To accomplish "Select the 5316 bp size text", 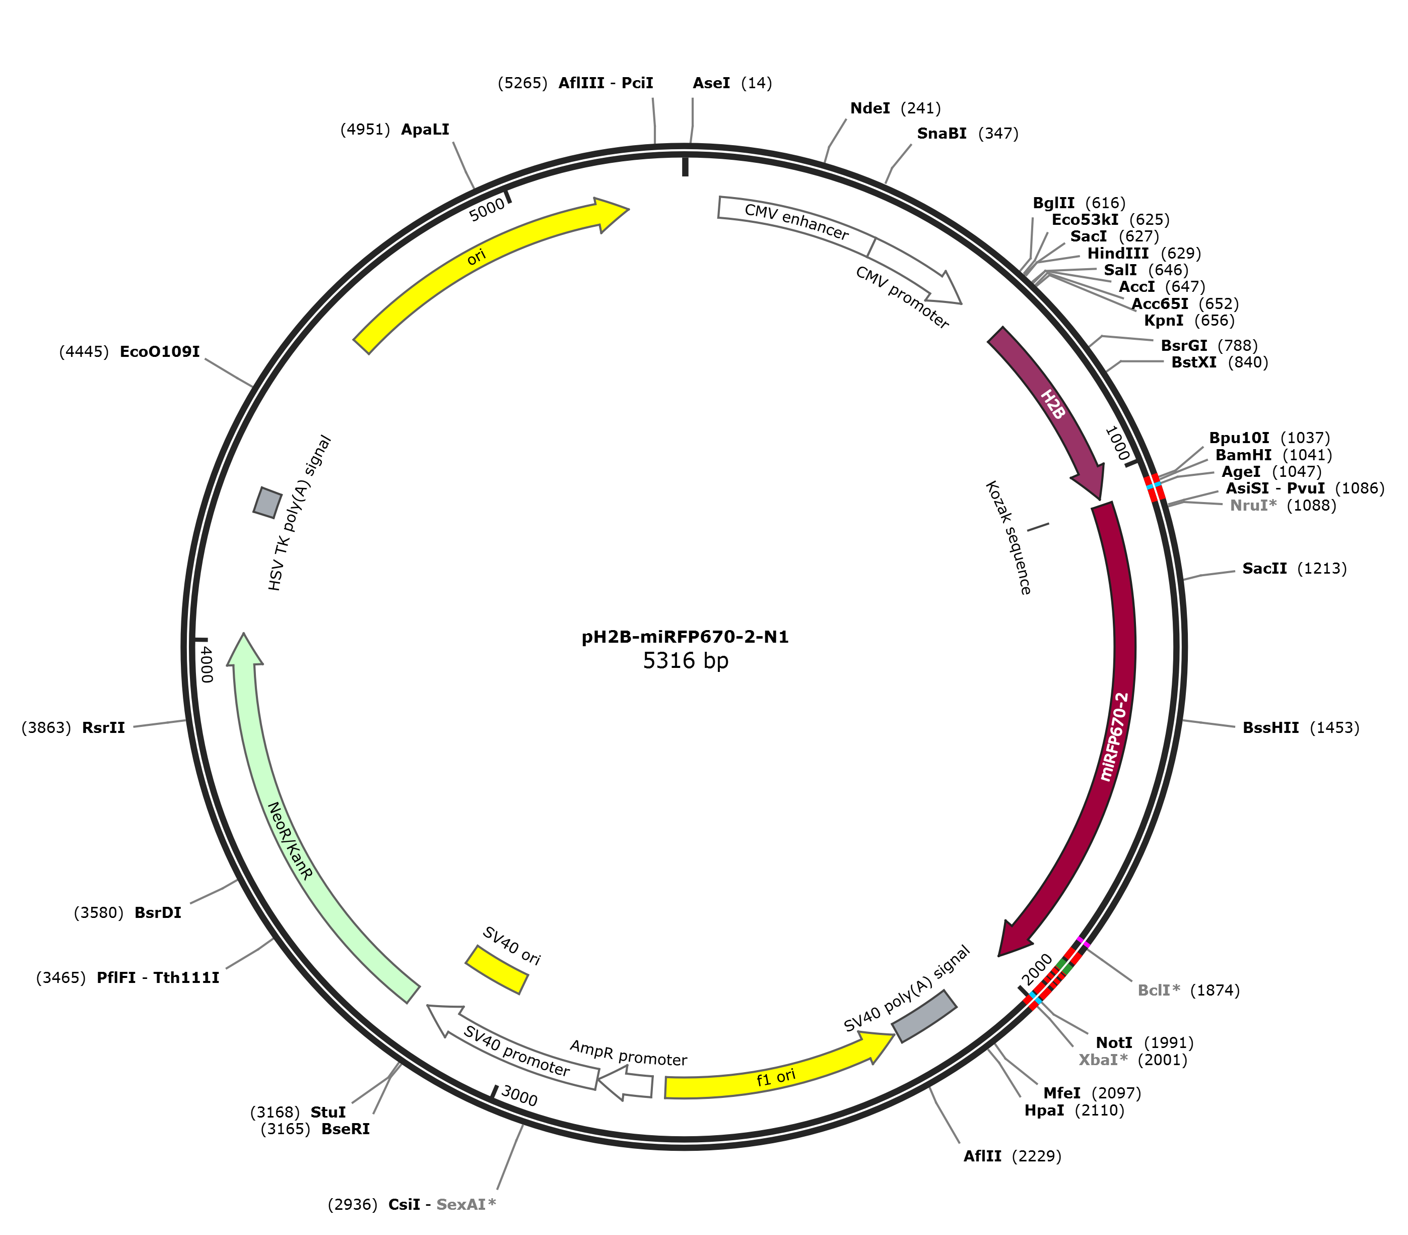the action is point(686,661).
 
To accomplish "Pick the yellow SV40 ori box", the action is point(497,970).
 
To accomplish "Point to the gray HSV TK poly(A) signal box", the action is point(267,503).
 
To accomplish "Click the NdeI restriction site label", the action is point(869,108).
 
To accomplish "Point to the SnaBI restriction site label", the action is point(941,134).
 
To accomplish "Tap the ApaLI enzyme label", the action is point(425,130).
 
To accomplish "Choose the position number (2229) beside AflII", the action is point(1036,1156).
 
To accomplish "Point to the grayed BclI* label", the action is point(1159,991).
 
